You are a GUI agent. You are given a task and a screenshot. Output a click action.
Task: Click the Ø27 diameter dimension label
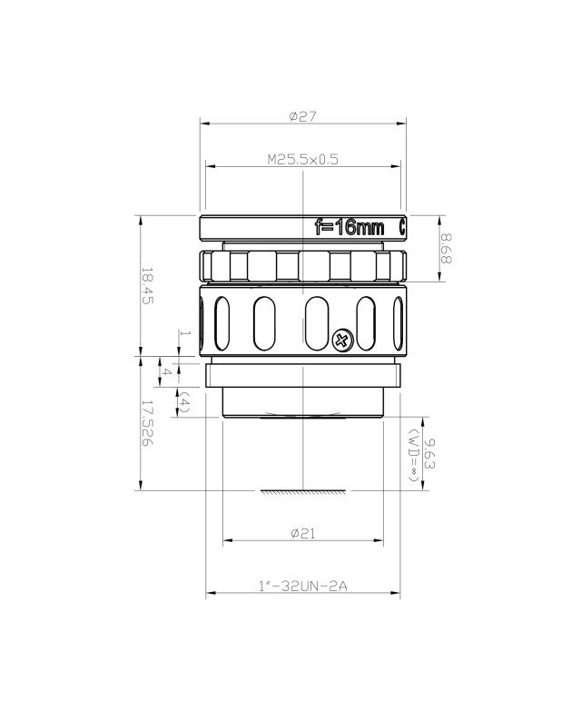[x=302, y=116]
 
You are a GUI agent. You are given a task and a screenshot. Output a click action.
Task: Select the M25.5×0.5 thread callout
[x=302, y=160]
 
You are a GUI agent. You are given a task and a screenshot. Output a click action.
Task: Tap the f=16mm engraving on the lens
[x=350, y=227]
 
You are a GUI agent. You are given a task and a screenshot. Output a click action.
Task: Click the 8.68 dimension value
[x=446, y=249]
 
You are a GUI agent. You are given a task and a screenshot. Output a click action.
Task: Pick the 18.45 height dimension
[x=147, y=286]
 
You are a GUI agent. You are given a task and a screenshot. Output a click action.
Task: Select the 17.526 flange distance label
[x=147, y=422]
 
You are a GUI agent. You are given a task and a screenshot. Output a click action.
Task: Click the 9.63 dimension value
[x=430, y=454]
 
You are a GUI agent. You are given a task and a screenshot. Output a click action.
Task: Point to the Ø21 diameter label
[x=302, y=533]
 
